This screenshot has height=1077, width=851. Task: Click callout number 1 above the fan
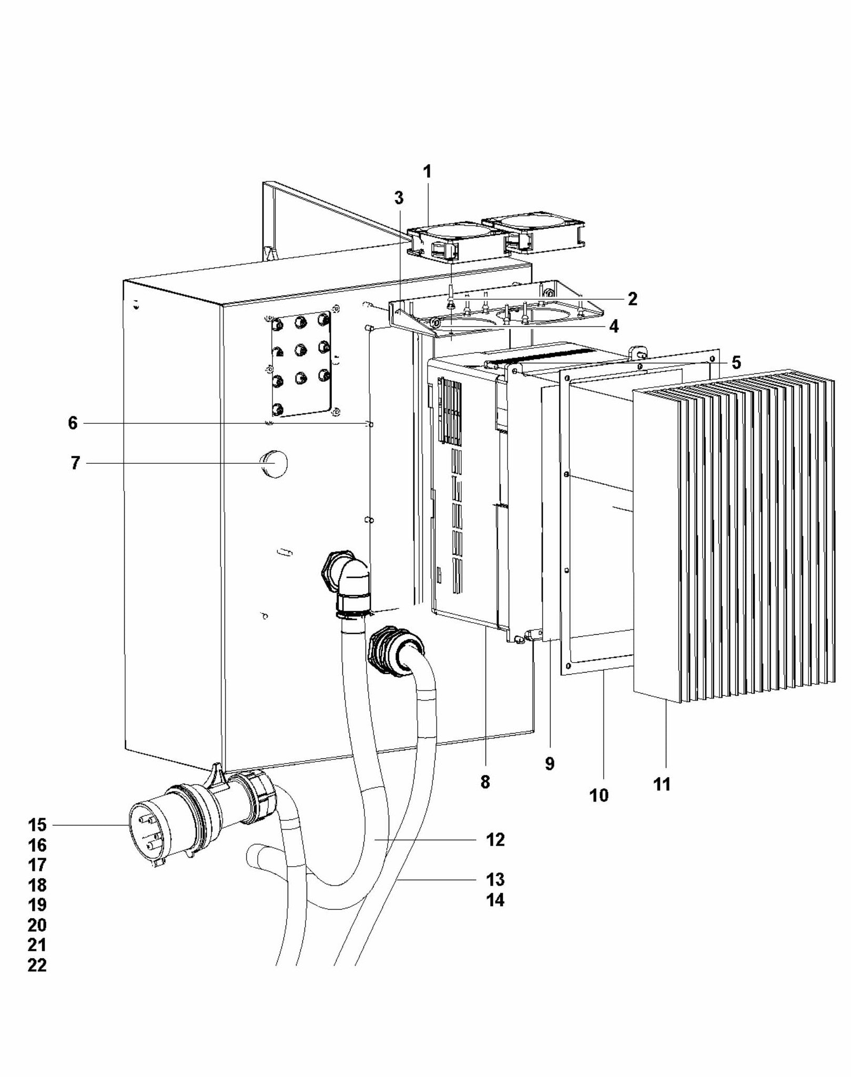427,171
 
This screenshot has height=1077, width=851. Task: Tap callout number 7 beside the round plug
75,463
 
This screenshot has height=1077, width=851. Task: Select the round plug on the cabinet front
275,463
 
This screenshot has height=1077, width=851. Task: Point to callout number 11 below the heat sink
662,785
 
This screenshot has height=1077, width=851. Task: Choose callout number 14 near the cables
495,900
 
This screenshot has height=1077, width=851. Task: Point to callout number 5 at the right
735,362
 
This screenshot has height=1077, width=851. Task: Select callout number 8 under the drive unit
485,782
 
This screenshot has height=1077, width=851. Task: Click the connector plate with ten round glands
301,364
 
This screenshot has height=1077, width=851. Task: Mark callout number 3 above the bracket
399,198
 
